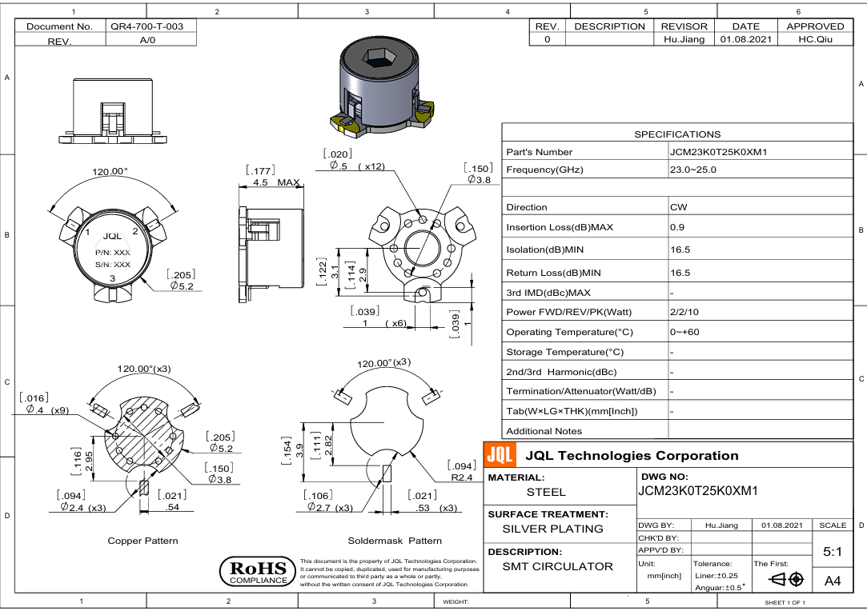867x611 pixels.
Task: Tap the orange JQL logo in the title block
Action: (500, 456)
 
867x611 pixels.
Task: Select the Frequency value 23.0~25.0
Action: (693, 170)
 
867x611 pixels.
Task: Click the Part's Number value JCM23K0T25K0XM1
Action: (718, 152)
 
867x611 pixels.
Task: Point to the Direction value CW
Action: (678, 207)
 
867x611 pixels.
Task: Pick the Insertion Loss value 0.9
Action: (677, 227)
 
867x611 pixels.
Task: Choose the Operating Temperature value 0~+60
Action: (684, 332)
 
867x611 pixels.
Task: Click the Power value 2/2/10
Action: (684, 311)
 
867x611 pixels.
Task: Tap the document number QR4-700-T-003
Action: (147, 26)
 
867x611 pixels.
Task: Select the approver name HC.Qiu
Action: (816, 39)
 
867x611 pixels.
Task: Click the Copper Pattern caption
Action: (142, 541)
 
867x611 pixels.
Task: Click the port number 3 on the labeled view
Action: (112, 278)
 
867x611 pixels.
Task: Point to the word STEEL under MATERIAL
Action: (546, 492)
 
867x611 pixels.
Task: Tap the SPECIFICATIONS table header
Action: (676, 134)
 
